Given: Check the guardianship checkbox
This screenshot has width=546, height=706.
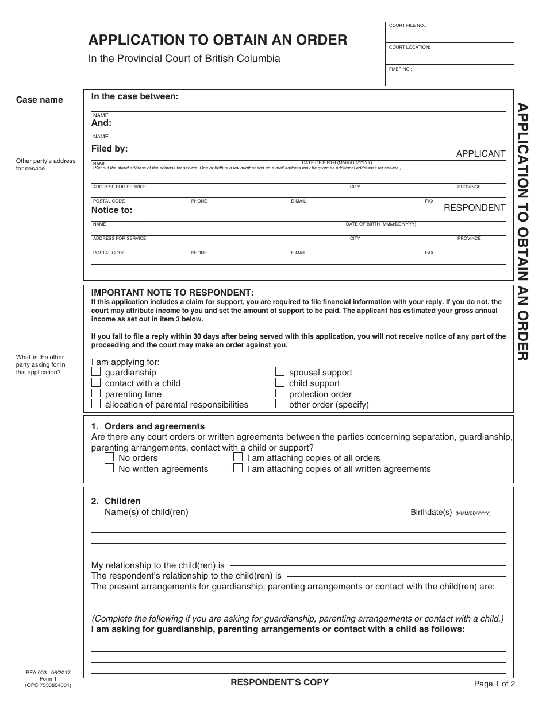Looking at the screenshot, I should [96, 372].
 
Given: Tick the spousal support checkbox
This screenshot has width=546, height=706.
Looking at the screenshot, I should [280, 372].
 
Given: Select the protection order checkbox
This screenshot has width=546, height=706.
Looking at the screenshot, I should [280, 394].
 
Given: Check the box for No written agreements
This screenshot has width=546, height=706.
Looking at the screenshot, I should [109, 468].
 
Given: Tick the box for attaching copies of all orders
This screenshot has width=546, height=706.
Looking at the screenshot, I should [238, 457].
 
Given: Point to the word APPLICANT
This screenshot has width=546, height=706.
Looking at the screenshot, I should [480, 154].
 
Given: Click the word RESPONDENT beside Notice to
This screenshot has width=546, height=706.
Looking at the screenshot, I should [474, 208].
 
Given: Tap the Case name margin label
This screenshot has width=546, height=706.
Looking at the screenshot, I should [40, 100].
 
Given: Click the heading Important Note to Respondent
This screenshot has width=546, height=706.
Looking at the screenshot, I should [172, 292].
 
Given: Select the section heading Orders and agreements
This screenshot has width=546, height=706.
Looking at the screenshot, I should [154, 426].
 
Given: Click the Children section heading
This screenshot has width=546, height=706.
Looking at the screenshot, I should [122, 501].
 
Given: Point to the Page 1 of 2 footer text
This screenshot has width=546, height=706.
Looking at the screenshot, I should [494, 684].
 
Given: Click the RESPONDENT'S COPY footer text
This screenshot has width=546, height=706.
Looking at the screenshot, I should [279, 682].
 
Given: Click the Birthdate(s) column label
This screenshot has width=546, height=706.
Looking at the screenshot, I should [431, 512].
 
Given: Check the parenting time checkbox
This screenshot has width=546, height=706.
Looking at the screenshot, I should [96, 394].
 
